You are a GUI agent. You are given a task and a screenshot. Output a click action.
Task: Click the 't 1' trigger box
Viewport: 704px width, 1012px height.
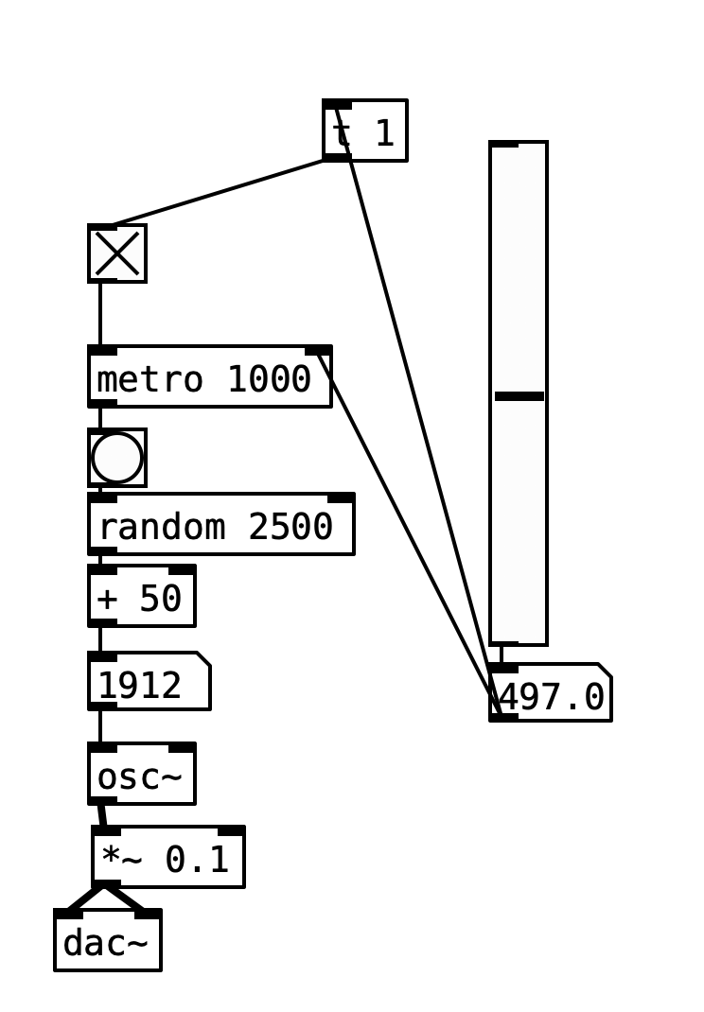[365, 131]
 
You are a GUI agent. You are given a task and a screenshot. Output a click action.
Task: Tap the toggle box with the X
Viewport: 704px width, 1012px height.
[117, 253]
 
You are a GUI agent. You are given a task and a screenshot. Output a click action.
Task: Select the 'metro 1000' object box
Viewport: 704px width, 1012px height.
[209, 377]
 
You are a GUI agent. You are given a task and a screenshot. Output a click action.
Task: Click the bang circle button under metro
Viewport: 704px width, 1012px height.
[117, 458]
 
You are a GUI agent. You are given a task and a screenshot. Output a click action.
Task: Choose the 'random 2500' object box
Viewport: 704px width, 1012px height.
[220, 525]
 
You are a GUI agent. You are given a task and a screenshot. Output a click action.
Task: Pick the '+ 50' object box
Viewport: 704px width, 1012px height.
[142, 597]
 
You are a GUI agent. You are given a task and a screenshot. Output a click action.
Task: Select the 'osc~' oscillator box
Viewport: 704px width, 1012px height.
[142, 775]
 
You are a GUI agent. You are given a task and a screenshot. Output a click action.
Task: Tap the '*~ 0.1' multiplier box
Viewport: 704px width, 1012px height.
[168, 858]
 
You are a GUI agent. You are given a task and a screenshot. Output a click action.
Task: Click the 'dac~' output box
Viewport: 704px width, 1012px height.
[108, 941]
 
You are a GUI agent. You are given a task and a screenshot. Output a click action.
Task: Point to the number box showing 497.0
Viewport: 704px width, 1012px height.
[551, 694]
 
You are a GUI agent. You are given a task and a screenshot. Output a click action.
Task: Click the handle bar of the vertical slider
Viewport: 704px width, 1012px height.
[519, 396]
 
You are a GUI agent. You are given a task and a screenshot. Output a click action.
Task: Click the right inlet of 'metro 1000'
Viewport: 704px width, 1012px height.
[319, 351]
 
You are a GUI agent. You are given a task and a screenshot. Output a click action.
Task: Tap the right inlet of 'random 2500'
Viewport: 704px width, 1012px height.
[341, 497]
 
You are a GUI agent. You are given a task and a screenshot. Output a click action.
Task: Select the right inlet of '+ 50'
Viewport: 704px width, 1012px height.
[182, 569]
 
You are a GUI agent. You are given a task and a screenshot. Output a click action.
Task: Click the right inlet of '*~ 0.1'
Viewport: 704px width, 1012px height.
[231, 830]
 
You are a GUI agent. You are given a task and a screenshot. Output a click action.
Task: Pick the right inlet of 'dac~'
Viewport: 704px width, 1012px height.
[148, 914]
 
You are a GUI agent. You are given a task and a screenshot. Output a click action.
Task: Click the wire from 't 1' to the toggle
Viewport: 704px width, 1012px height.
[218, 193]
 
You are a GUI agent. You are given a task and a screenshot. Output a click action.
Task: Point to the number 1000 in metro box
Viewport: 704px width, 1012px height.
[269, 379]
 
